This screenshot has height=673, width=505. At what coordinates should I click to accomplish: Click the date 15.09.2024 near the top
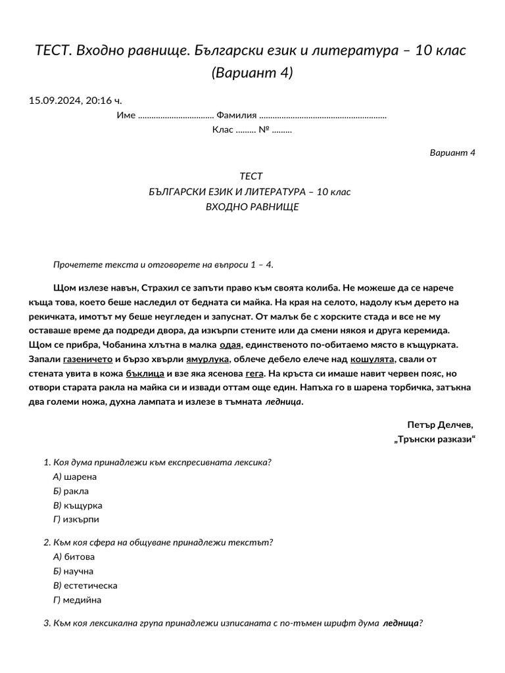coord(55,101)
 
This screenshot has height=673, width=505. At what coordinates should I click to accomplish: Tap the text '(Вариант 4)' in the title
coord(252,72)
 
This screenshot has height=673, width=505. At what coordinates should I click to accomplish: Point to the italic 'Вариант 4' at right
coord(452,152)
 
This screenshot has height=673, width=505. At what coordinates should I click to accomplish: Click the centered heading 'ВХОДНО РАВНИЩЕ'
coord(252,206)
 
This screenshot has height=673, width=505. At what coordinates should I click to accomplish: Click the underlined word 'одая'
coord(230,344)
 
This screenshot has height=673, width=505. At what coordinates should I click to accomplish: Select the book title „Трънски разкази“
coord(434,439)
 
